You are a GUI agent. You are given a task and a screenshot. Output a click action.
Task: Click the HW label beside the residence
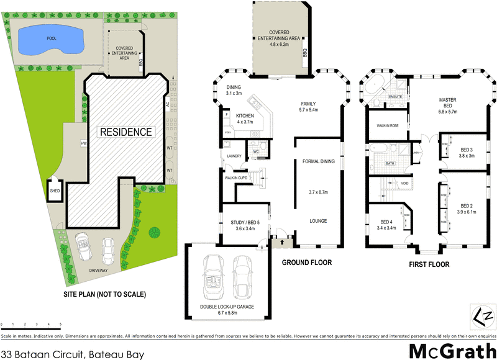[x=83, y=143]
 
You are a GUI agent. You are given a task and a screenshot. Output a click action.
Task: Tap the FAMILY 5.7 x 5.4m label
[x=308, y=106]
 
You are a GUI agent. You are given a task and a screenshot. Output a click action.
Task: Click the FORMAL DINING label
[x=318, y=161]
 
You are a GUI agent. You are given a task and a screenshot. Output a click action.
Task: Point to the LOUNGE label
[x=318, y=221]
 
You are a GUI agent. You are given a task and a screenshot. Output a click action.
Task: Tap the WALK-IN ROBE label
[x=387, y=125]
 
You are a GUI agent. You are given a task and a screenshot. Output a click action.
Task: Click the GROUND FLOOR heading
[x=307, y=263]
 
